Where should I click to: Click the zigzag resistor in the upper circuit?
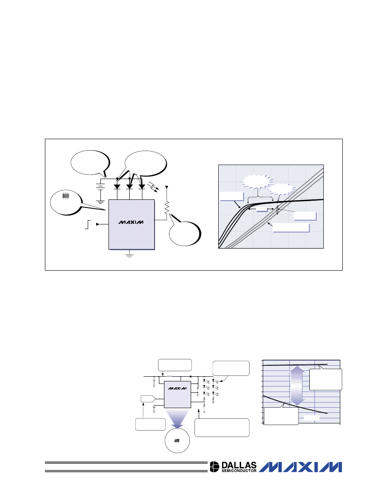click(x=167, y=207)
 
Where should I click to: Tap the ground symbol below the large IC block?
click(x=129, y=255)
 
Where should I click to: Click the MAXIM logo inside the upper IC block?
click(x=131, y=222)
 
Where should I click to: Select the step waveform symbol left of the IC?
click(x=88, y=224)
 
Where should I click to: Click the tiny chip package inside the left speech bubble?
click(x=66, y=196)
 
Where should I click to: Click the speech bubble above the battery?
click(x=90, y=163)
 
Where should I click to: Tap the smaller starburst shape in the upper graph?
click(x=281, y=189)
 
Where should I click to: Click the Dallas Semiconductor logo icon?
click(x=214, y=467)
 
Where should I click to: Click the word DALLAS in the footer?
click(x=239, y=465)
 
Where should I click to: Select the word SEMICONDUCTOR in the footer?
click(x=239, y=471)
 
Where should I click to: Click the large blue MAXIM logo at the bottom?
click(x=300, y=467)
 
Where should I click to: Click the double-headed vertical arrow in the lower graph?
click(x=297, y=385)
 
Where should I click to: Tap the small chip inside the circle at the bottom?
click(x=177, y=440)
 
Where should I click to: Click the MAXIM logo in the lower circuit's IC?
click(x=178, y=388)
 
